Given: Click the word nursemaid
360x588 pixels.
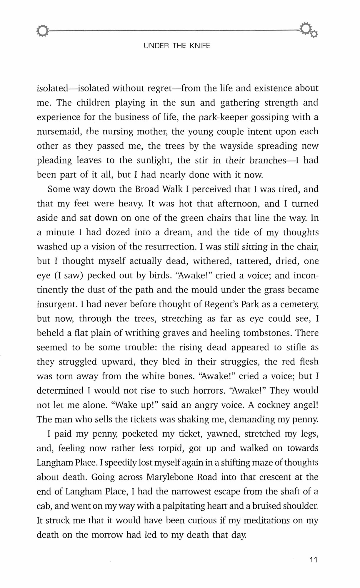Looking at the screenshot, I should coord(58,131).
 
